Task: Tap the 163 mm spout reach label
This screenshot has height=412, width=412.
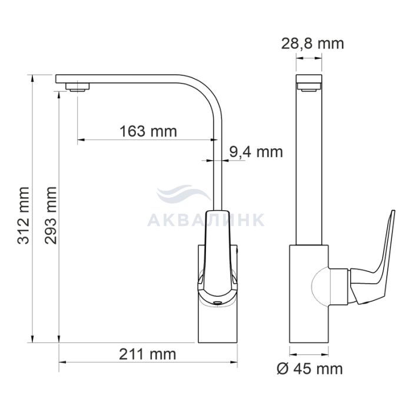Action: coord(148,131)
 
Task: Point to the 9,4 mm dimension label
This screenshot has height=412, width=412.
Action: coord(256,152)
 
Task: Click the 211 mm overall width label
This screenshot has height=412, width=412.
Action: coord(148,354)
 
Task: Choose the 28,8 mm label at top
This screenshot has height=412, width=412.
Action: coord(313,44)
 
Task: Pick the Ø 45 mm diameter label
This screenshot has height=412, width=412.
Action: coord(310,368)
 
